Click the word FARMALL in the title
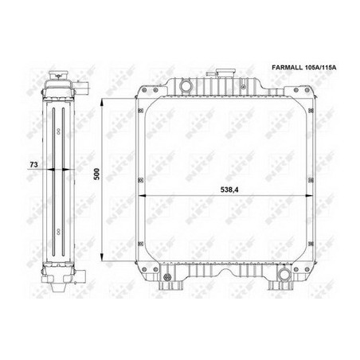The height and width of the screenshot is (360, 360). [x=288, y=68]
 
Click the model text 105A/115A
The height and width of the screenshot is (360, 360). [x=320, y=68]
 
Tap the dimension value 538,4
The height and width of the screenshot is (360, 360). [x=229, y=190]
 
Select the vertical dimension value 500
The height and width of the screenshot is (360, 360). [x=97, y=174]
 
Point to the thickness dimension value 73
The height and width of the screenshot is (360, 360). [x=33, y=165]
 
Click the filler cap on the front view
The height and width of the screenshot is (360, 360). [x=225, y=72]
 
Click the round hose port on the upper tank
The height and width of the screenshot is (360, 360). [x=186, y=85]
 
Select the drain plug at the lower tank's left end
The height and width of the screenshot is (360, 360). [x=167, y=277]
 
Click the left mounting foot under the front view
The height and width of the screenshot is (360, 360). [x=170, y=286]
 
